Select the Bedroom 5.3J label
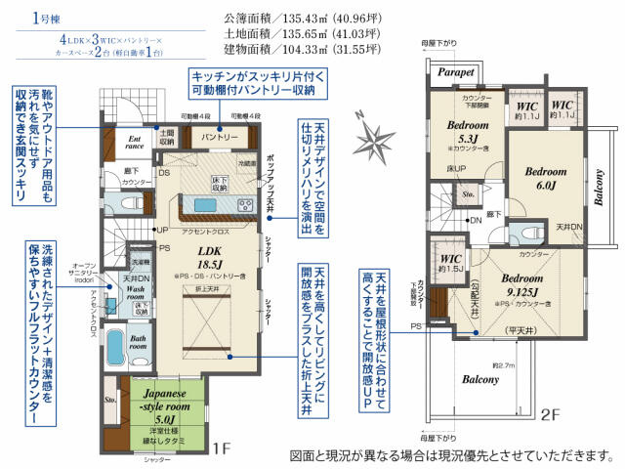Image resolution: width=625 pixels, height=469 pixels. pyautogui.click(x=468, y=131)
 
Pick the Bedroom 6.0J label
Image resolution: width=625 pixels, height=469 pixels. pyautogui.click(x=545, y=178)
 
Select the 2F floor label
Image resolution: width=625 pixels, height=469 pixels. pyautogui.click(x=552, y=414)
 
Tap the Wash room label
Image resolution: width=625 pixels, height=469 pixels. pyautogui.click(x=136, y=294)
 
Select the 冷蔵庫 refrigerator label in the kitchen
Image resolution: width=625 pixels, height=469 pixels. pyautogui.click(x=246, y=163)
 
